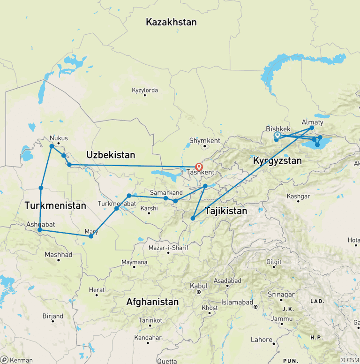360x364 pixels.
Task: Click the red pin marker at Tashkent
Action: tap(199, 166)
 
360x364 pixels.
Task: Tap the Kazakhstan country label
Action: tap(171, 22)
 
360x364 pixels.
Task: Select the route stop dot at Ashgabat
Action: tap(40, 230)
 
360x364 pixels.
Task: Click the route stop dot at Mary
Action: tap(91, 236)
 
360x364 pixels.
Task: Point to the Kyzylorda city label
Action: tap(145, 90)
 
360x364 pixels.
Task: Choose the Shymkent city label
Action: tap(204, 140)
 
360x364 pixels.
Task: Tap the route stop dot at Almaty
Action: tap(312, 128)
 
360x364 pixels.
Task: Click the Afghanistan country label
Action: tap(152, 302)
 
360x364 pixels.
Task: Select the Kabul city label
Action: tap(198, 286)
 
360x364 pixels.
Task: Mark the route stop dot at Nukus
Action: tap(52, 146)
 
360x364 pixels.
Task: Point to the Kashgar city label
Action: tap(298, 196)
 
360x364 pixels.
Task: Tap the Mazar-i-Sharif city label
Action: tap(168, 247)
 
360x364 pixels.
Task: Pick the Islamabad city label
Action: tap(237, 301)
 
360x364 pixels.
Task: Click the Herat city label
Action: tap(97, 290)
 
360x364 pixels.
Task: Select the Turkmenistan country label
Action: tap(55, 205)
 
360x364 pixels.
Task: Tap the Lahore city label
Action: tap(261, 340)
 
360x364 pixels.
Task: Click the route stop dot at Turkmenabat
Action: tap(117, 208)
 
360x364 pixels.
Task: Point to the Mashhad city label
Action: tap(58, 255)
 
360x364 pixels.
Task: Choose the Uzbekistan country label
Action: tap(111, 155)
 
